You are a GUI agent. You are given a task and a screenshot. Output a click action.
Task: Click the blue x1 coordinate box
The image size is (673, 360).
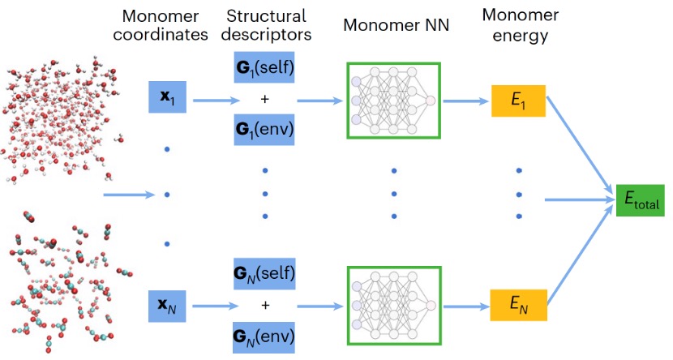tap(166, 97)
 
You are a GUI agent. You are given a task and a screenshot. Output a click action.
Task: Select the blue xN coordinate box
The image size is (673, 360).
tap(166, 307)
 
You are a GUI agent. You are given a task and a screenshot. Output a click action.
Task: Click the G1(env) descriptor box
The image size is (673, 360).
tap(264, 129)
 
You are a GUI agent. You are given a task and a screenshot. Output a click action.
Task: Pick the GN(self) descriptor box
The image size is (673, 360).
tap(264, 275)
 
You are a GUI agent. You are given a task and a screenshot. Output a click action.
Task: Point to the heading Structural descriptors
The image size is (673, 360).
tap(264, 24)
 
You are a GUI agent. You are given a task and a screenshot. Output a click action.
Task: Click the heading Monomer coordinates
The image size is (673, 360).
tap(166, 24)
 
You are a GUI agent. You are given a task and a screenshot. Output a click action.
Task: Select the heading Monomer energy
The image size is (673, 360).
tap(517, 24)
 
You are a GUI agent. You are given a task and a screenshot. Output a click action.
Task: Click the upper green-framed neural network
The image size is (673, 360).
tap(393, 100)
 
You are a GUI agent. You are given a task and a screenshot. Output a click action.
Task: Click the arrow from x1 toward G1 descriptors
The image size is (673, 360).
tap(209, 101)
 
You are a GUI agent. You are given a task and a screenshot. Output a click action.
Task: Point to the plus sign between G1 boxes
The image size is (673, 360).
tap(264, 97)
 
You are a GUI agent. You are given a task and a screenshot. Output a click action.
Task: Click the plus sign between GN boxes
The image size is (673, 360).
tap(264, 306)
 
